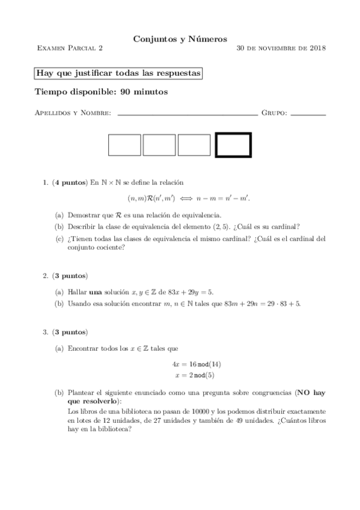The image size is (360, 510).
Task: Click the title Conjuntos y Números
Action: coord(180,38)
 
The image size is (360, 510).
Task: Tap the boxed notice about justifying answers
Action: coord(118,73)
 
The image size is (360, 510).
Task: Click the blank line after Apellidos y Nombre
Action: coord(187,112)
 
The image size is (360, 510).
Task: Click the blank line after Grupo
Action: coord(308,112)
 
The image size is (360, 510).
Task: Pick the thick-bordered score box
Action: coord(233,145)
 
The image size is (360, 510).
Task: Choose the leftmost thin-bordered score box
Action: coord(124,145)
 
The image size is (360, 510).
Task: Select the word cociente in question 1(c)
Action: coord(111,246)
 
